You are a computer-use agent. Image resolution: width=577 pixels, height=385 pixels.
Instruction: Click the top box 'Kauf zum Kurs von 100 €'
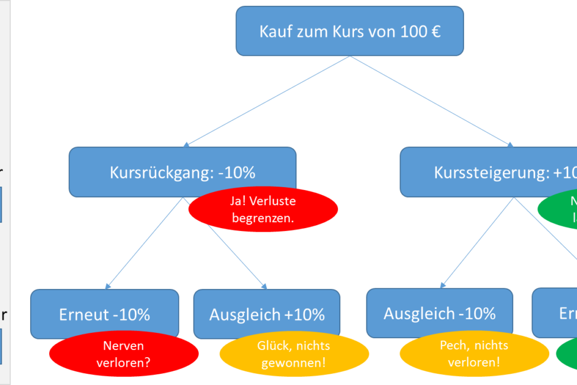point(349,31)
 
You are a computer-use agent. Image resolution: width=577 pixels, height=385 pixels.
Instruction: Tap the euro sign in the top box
point(436,31)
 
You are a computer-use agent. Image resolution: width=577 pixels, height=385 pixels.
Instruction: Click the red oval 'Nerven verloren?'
point(124,354)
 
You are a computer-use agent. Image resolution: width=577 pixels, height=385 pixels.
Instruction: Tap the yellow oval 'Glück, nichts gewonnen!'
point(294,354)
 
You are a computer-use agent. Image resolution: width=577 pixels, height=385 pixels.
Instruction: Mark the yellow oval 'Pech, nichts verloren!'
point(473,354)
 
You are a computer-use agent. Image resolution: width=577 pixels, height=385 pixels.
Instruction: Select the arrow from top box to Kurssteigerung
point(432,101)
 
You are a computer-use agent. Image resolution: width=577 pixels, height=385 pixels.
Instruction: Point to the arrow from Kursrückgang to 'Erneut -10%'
point(145,243)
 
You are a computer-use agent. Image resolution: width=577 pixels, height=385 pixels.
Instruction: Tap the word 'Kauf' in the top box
point(274,31)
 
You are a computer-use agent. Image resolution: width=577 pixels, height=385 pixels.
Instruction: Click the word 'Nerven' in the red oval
point(124,346)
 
